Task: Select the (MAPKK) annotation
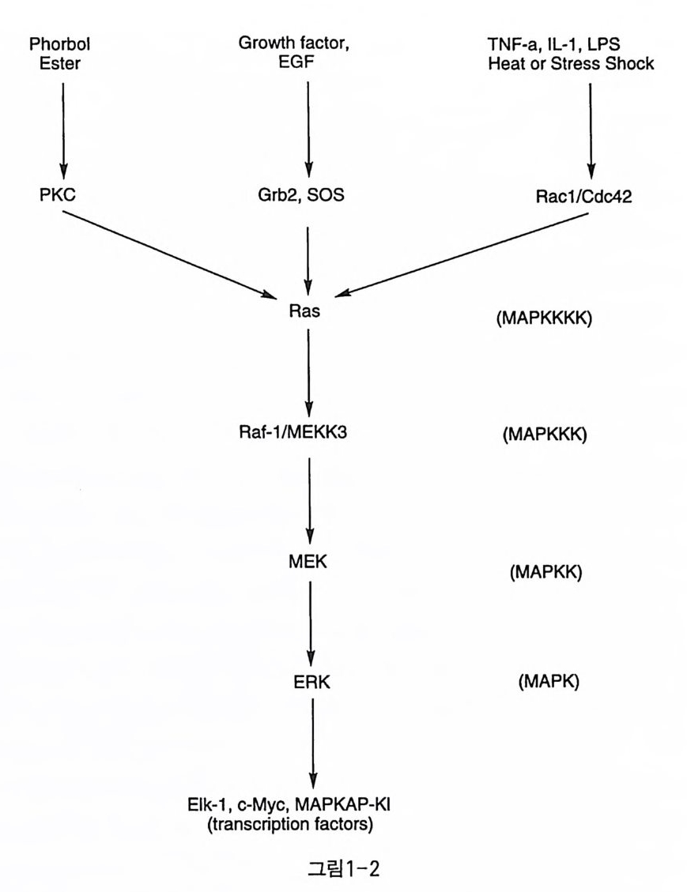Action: (545, 572)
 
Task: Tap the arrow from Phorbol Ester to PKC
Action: (63, 126)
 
